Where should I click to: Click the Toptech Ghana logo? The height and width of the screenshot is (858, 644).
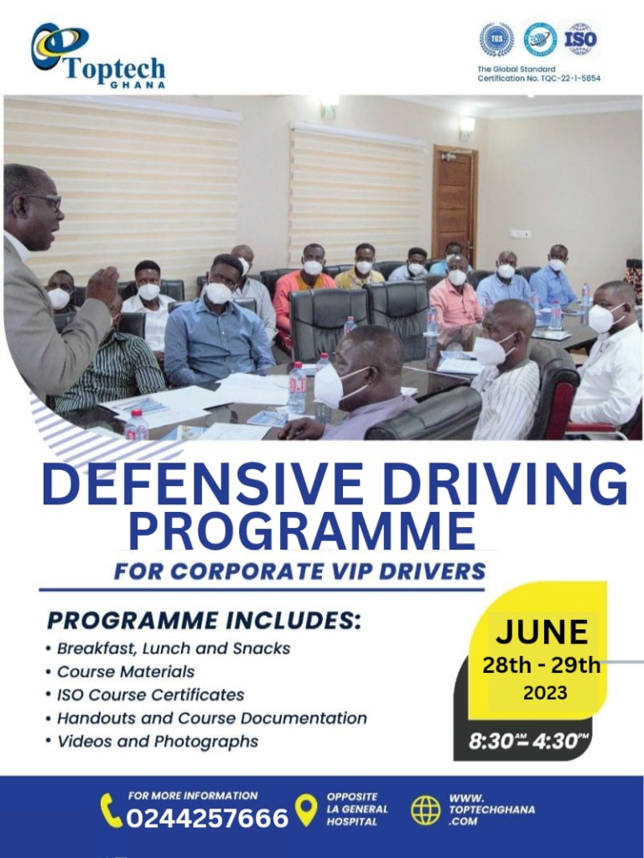tap(98, 56)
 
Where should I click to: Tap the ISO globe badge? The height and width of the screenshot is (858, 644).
tap(580, 39)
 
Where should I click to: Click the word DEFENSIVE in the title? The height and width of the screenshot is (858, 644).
tap(202, 485)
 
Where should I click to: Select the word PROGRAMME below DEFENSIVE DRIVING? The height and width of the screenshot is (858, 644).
tap(302, 530)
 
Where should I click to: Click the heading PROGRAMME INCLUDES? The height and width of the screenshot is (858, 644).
tap(204, 621)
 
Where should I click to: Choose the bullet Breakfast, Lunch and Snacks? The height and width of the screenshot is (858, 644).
tap(174, 649)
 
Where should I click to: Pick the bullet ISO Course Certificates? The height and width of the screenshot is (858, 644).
tap(151, 695)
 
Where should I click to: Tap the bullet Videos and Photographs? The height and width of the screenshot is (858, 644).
tap(158, 742)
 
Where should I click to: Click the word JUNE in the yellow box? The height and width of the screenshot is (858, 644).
tap(543, 633)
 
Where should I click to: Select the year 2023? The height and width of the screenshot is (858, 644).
tap(545, 693)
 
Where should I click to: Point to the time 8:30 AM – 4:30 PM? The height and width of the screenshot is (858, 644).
tap(528, 741)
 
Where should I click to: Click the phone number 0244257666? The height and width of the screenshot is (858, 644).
tap(207, 819)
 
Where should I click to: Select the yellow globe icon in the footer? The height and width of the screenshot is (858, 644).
tap(425, 810)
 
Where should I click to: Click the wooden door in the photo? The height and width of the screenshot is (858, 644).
tap(454, 204)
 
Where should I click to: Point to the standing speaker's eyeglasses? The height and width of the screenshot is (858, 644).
tap(44, 201)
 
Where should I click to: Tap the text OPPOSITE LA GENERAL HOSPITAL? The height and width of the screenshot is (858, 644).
tap(357, 809)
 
